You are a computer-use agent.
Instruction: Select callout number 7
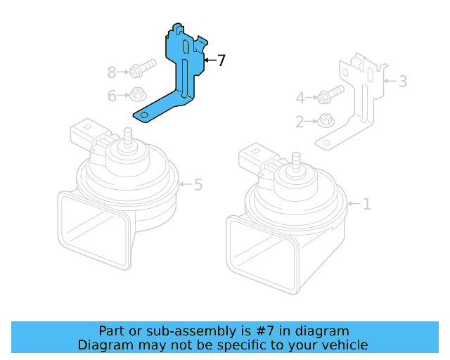(x=221, y=61)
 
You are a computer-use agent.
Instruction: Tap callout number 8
(x=112, y=72)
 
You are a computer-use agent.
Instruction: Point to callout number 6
(x=112, y=96)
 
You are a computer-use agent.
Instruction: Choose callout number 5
(x=198, y=185)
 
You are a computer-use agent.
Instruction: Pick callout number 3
(x=402, y=82)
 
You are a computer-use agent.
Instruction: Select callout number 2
(x=300, y=122)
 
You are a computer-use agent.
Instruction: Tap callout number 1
(x=366, y=205)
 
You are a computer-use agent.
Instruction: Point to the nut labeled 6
(x=138, y=94)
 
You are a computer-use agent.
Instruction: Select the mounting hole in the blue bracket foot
(x=144, y=115)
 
